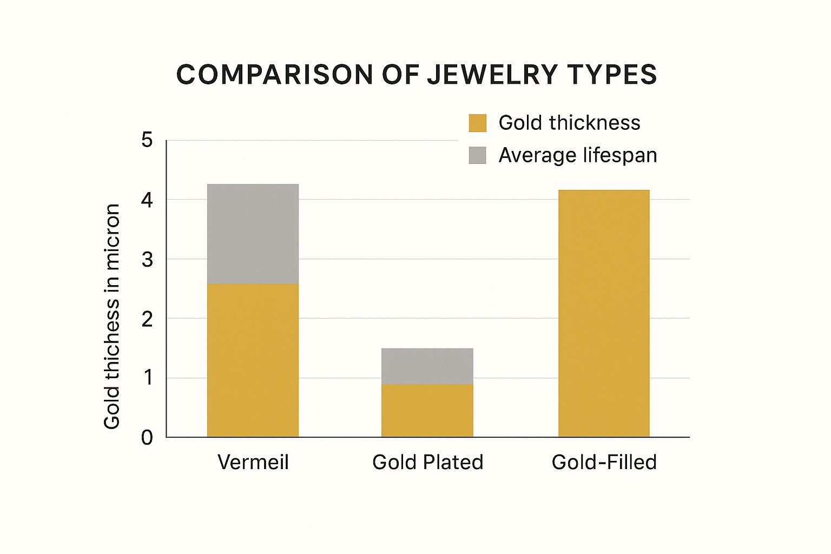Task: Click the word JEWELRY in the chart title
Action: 492,75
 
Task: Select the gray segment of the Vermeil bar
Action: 253,234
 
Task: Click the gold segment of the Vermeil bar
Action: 253,360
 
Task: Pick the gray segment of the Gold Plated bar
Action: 427,366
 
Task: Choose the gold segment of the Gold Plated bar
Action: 427,411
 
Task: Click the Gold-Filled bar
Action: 604,313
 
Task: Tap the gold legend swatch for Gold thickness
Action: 477,123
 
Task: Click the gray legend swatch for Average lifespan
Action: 477,155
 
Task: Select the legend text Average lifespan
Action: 577,155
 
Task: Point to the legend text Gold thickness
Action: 569,123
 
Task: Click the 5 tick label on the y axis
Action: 147,141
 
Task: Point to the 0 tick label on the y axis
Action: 147,437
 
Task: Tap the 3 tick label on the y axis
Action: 147,260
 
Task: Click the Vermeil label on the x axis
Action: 253,462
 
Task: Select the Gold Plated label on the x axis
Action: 427,462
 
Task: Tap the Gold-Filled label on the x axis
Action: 604,462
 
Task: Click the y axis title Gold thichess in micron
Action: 112,316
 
